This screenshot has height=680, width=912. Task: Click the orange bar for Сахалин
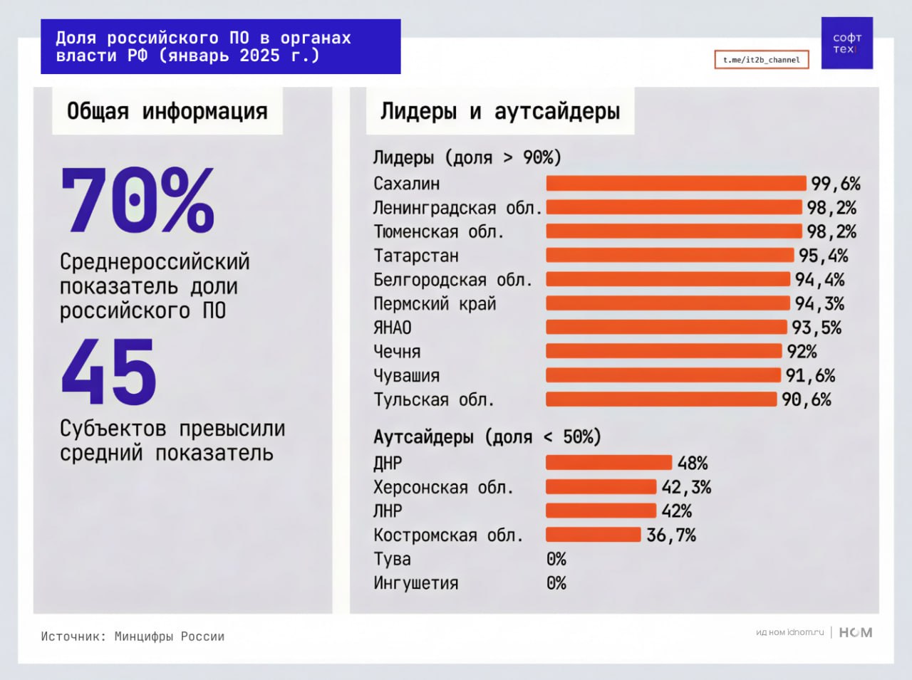675,183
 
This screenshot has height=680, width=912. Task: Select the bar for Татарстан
670,255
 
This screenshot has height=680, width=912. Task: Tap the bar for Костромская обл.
593,535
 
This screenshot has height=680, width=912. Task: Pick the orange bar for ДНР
608,463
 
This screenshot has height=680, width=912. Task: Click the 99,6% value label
836,184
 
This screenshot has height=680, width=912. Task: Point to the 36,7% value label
671,535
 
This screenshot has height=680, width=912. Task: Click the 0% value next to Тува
556,559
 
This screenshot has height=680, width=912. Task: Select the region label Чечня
397,352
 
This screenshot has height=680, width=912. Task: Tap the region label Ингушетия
415,583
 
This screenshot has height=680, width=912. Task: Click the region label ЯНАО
393,328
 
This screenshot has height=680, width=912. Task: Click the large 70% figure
138,201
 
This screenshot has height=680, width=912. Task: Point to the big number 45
108,372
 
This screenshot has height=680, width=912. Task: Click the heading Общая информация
167,111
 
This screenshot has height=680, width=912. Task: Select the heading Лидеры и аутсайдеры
499,111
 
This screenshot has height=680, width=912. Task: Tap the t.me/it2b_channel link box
761,60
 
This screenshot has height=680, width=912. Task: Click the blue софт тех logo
846,43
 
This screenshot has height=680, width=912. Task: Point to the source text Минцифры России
169,637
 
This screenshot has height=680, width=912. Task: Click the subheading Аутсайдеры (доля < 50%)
487,436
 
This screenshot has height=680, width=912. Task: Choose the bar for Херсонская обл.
601,487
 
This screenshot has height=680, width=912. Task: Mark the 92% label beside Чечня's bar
802,352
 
